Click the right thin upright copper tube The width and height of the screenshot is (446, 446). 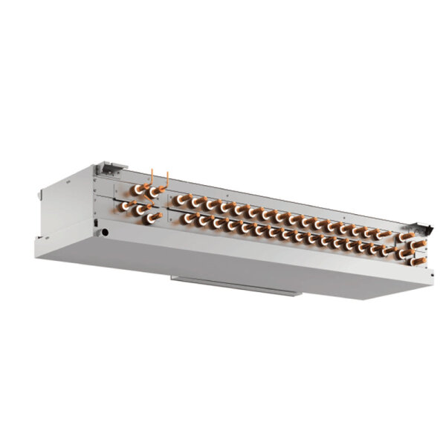[x=168, y=179]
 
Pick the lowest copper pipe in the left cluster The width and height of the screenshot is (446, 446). [x=155, y=217]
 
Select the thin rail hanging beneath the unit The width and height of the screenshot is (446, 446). [x=236, y=285]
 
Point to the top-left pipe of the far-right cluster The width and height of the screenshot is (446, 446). [x=404, y=239]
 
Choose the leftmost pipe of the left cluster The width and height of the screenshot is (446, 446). [x=128, y=206]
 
